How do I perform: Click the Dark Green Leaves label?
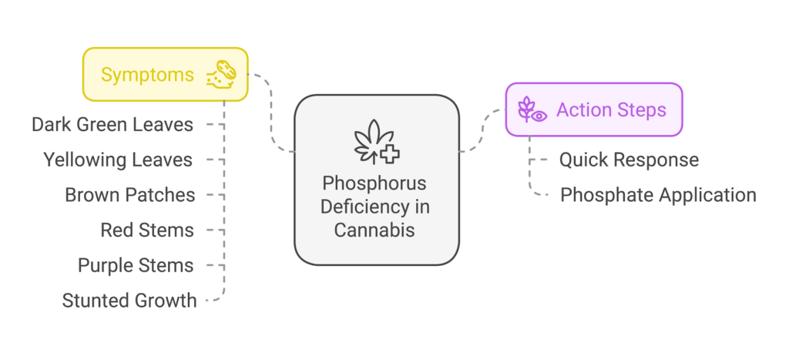(112, 125)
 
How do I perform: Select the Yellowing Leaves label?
(118, 160)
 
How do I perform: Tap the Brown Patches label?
(130, 195)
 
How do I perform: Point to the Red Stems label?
(147, 230)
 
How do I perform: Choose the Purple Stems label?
(136, 265)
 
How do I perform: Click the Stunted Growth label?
(129, 301)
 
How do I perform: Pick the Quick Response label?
(629, 160)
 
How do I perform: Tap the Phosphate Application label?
(658, 195)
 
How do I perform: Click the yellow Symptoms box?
(166, 75)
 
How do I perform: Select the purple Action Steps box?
(593, 110)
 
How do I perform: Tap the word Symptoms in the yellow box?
(147, 75)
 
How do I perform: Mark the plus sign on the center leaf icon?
(391, 154)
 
